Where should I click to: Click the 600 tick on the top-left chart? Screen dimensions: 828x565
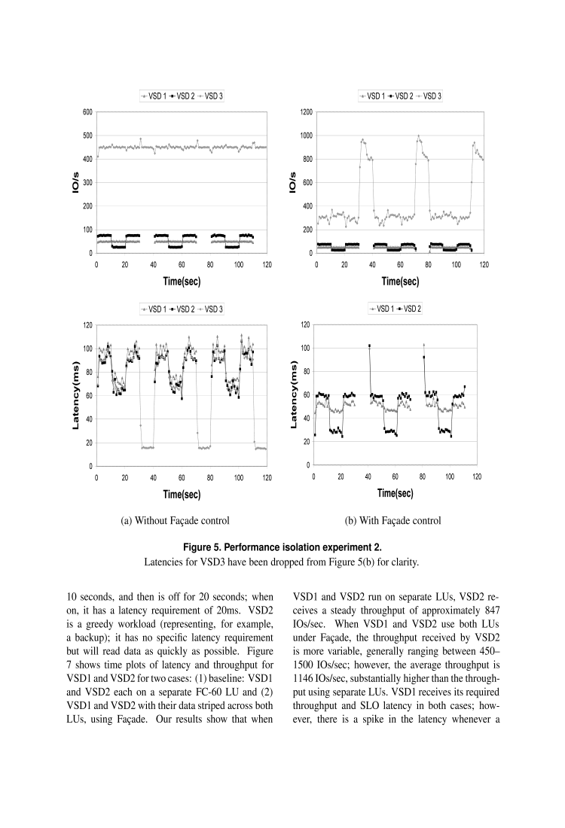coord(87,112)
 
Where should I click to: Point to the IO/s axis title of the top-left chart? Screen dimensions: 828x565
coord(76,182)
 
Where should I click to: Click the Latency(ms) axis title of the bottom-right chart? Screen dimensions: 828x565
coord(295,394)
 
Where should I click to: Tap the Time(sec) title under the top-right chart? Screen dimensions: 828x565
coord(400,282)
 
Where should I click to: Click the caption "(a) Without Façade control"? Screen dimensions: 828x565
coord(175,520)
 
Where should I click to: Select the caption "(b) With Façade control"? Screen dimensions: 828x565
coord(392,520)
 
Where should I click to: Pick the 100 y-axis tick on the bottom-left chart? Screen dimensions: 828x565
coord(87,349)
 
